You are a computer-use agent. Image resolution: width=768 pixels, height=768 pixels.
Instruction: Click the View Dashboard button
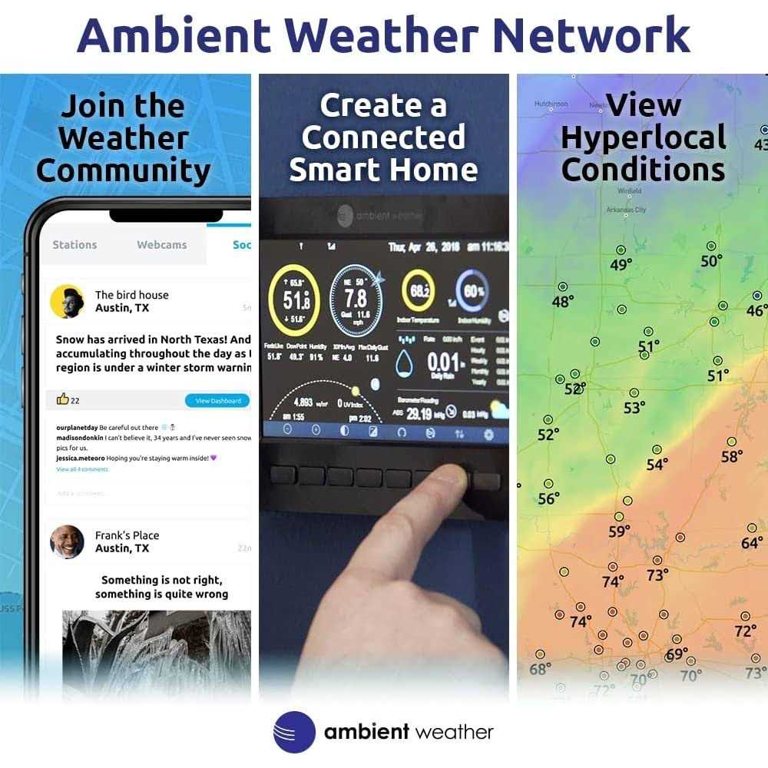[x=218, y=400]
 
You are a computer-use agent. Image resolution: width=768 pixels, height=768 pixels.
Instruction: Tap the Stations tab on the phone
[x=74, y=245]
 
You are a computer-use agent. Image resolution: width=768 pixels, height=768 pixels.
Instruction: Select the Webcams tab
[x=161, y=245]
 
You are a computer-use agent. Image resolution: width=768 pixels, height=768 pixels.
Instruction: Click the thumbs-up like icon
[x=63, y=399]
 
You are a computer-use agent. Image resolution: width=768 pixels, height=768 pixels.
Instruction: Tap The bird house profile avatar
[x=67, y=301]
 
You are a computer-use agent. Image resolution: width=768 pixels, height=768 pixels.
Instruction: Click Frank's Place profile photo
[x=67, y=541]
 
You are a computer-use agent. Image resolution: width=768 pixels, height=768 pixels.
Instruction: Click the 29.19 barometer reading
[x=419, y=414]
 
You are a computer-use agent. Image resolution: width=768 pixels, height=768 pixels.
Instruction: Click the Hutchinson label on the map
[x=551, y=104]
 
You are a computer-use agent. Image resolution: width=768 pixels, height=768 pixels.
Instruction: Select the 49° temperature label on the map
[x=621, y=265]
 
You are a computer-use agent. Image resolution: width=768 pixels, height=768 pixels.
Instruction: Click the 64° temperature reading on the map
[x=752, y=543]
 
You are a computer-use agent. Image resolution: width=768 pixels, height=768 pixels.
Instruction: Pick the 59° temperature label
[x=619, y=531]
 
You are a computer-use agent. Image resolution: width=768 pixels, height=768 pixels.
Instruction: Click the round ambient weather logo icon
[x=294, y=732]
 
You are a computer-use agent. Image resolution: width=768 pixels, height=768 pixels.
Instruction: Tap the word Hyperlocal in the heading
[x=644, y=137]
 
